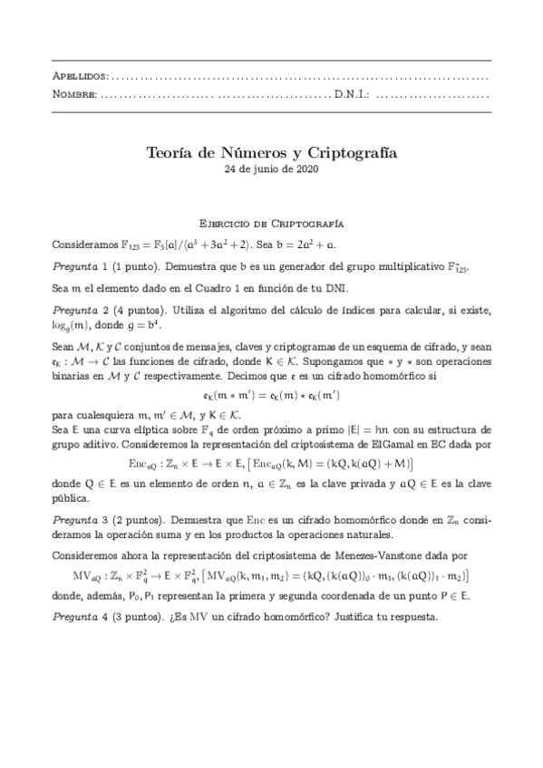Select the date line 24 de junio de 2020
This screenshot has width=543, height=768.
[x=271, y=170]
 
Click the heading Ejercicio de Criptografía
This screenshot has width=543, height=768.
[x=271, y=222]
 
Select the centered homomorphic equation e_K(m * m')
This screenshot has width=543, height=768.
[x=271, y=396]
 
